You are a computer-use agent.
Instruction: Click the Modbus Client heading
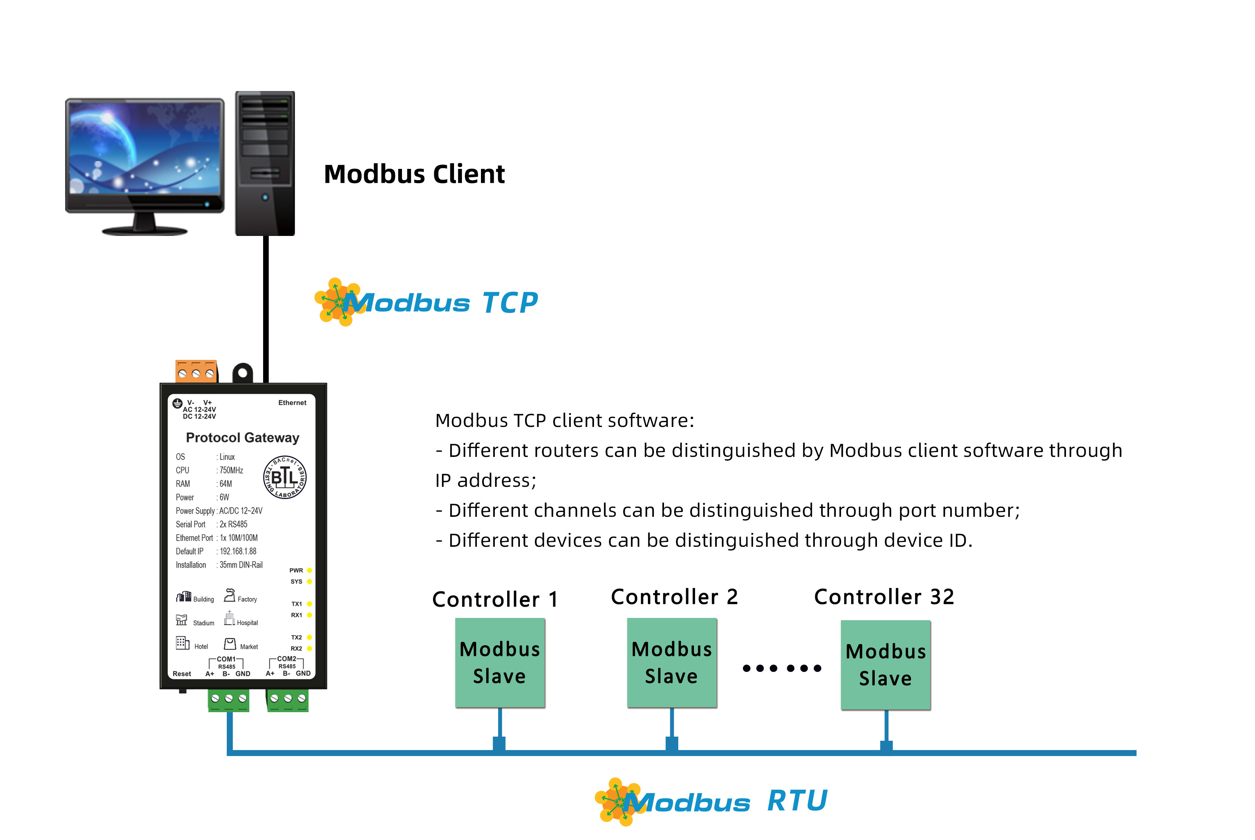tap(414, 174)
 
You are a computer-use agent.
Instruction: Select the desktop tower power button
tap(265, 197)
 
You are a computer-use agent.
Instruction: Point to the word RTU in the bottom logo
tap(797, 801)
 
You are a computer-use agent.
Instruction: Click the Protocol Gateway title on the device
tap(242, 438)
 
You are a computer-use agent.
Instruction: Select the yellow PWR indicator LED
tap(310, 570)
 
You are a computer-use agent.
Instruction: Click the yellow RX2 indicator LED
tap(310, 648)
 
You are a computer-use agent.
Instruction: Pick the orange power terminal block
tap(196, 371)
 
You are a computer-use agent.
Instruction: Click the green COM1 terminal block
tap(229, 700)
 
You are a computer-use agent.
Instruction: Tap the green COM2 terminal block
tap(287, 700)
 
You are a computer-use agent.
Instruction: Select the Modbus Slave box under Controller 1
tap(500, 663)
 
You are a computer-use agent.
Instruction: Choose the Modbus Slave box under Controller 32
tap(886, 665)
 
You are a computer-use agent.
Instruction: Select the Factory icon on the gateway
tap(230, 595)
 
